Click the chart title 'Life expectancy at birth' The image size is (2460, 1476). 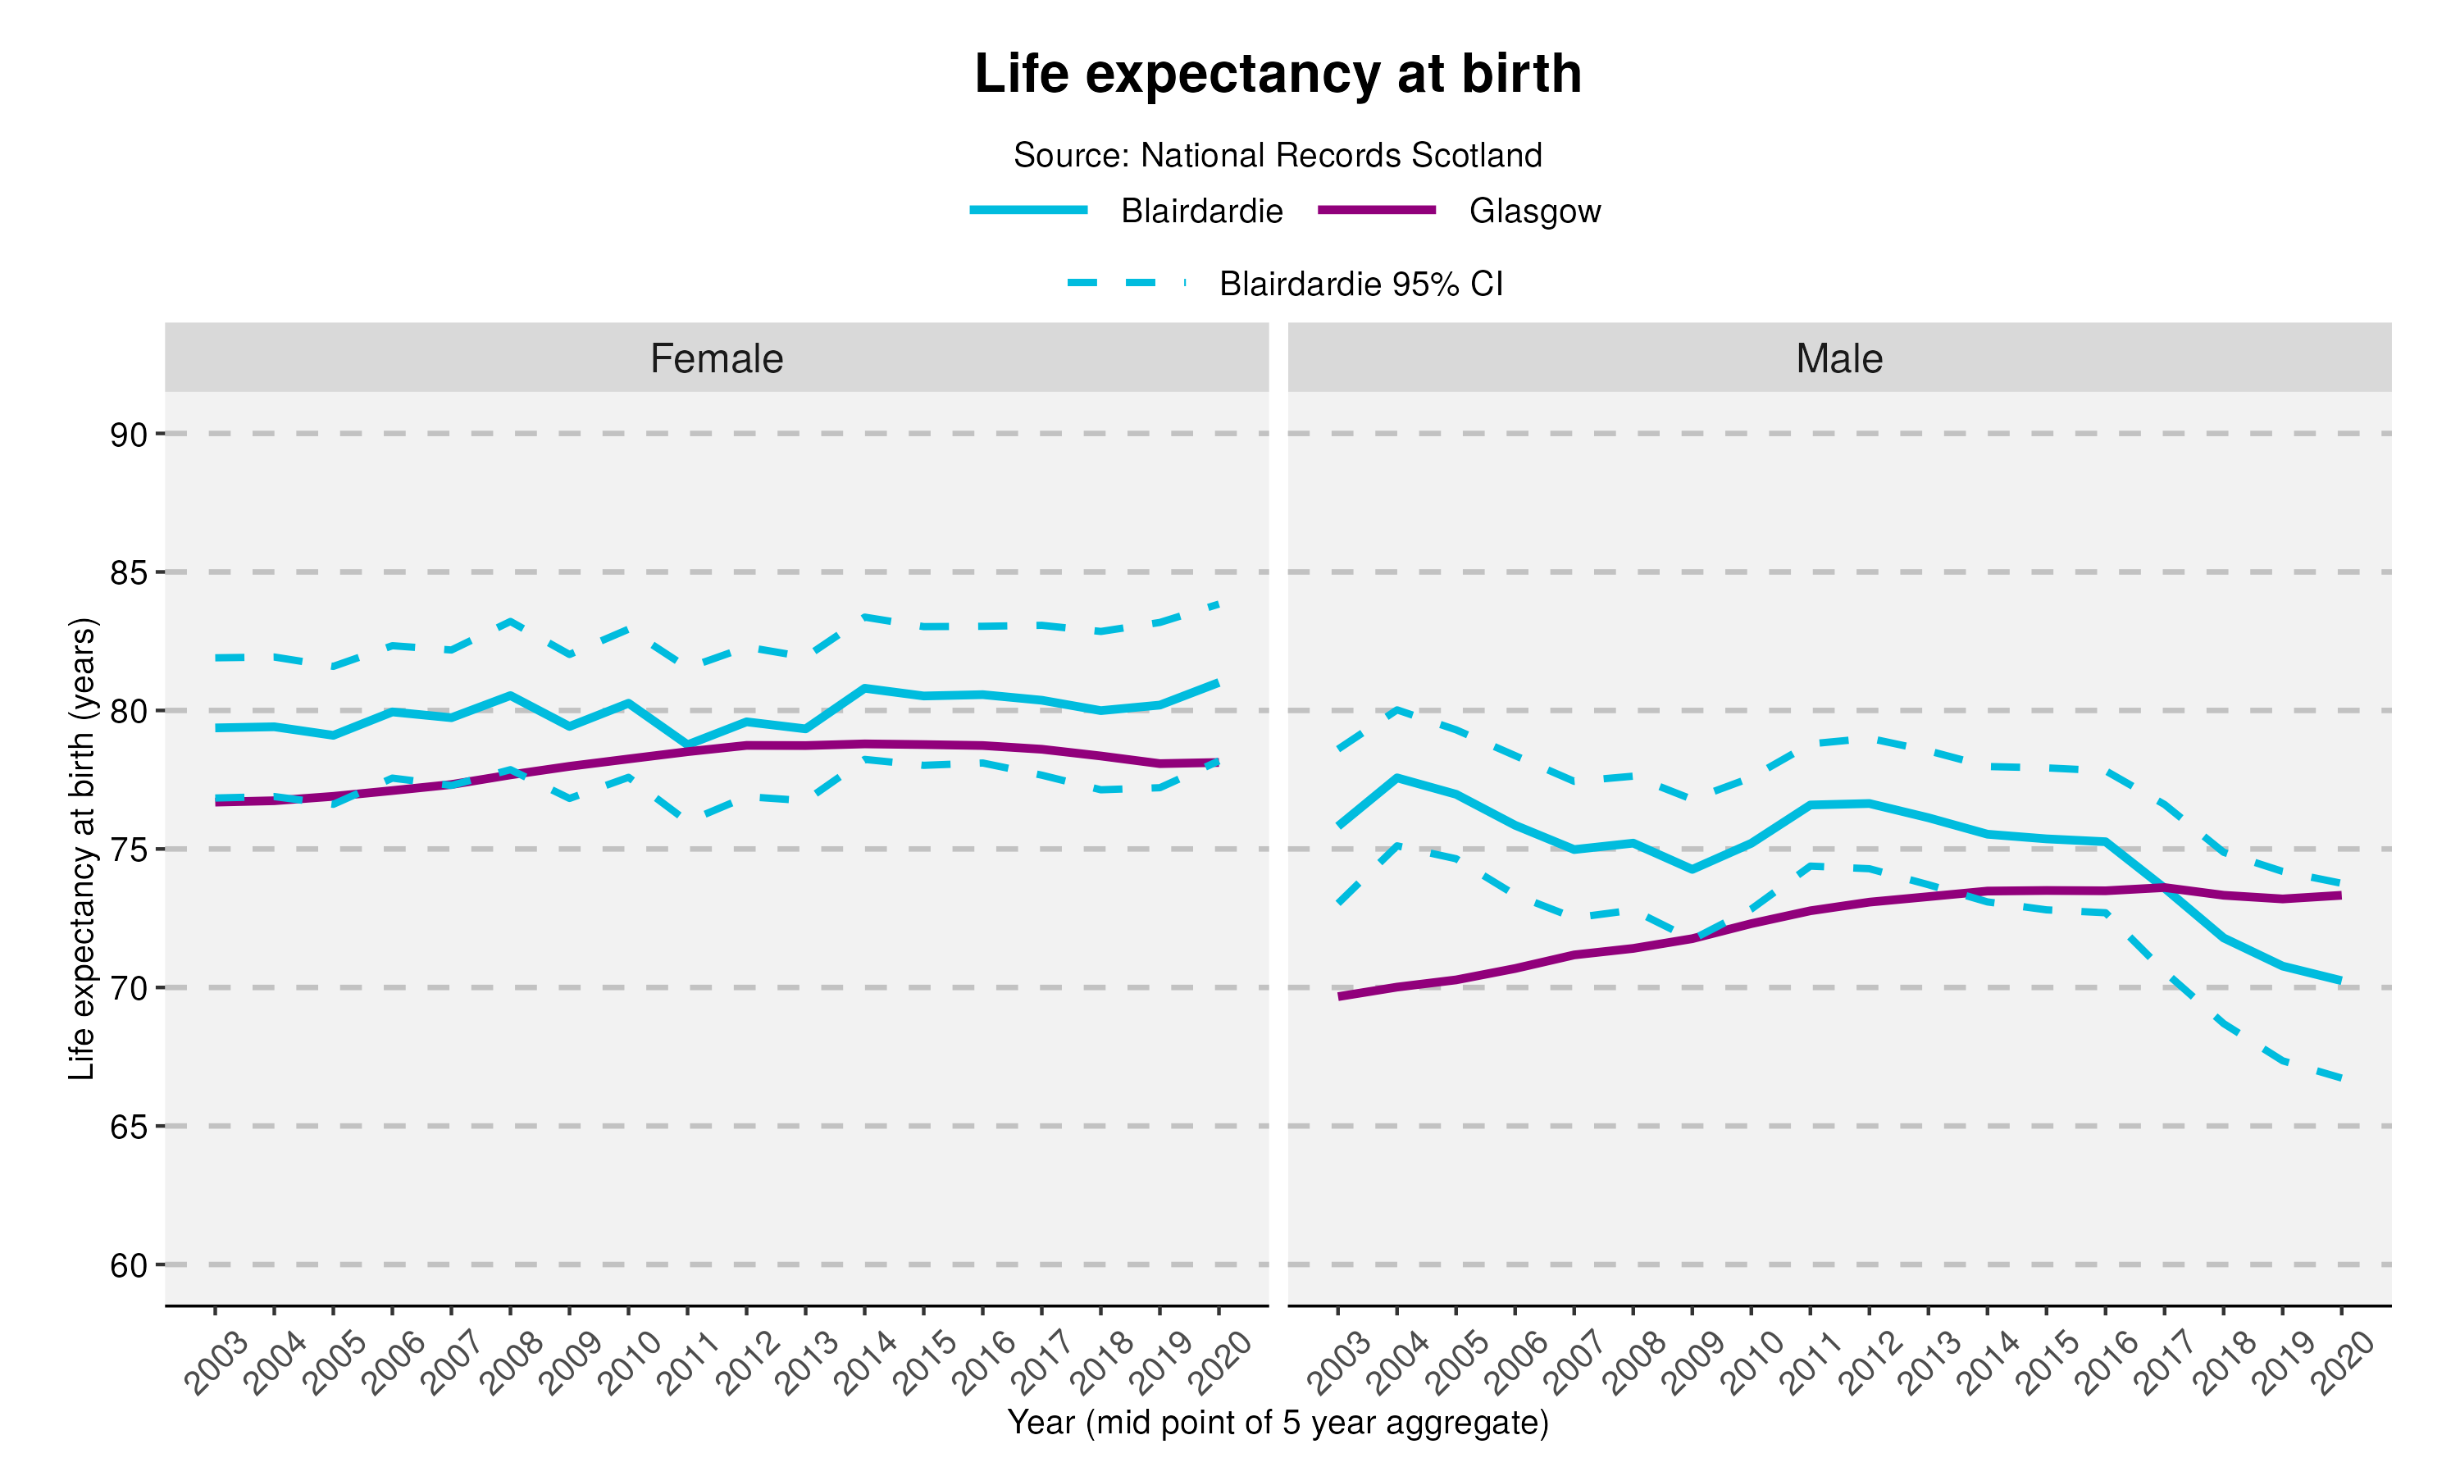pyautogui.click(x=1278, y=74)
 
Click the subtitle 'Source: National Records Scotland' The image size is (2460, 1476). pyautogui.click(x=1278, y=155)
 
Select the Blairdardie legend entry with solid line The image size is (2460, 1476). pyautogui.click(x=1127, y=211)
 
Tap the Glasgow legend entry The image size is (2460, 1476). pyautogui.click(x=1460, y=211)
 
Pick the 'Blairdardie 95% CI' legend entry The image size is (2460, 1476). pyautogui.click(x=1285, y=285)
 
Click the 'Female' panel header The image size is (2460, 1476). pyautogui.click(x=716, y=358)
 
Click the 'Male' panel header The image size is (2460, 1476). pyautogui.click(x=1838, y=358)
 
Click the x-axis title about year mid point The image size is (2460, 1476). pyautogui.click(x=1278, y=1423)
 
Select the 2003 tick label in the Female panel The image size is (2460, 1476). pyautogui.click(x=214, y=1364)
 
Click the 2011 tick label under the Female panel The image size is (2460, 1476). pyautogui.click(x=686, y=1364)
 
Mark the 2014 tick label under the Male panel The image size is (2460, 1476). pyautogui.click(x=1987, y=1364)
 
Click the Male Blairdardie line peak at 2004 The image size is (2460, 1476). pyautogui.click(x=1397, y=778)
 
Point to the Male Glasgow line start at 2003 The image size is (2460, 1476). pyautogui.click(x=1339, y=995)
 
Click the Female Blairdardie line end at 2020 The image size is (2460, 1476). pyautogui.click(x=1218, y=682)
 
